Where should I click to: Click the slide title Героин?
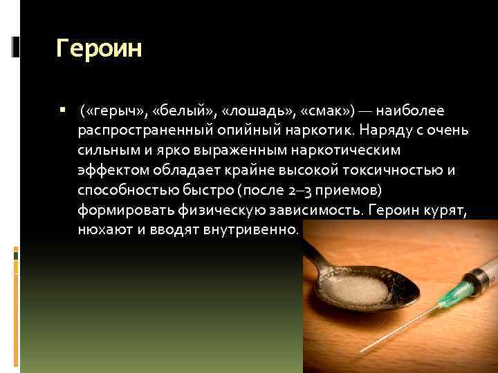tap(99, 50)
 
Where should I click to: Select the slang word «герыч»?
tap(111, 111)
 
